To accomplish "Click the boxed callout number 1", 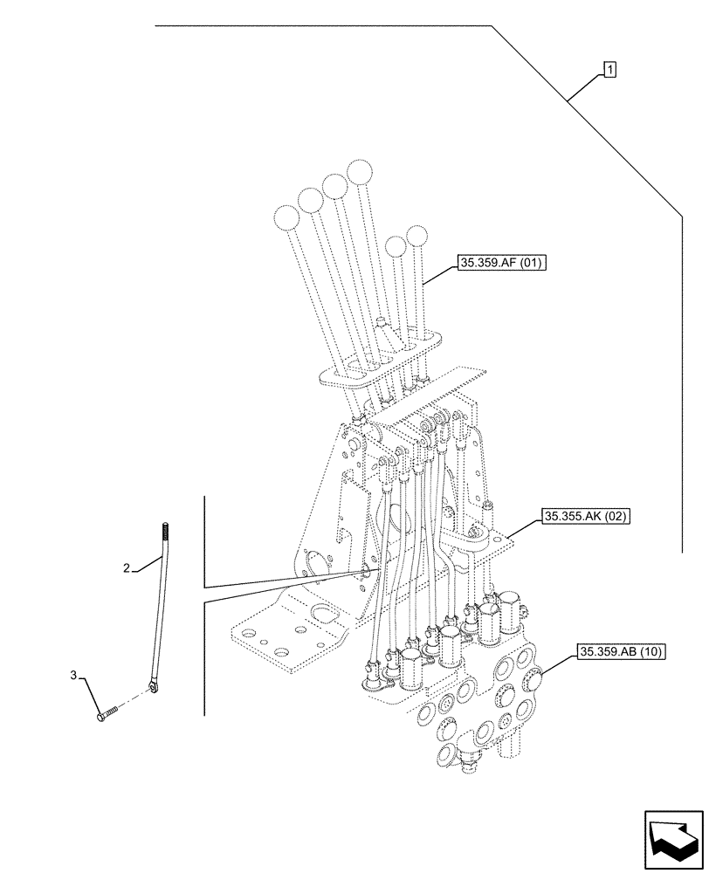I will (609, 68).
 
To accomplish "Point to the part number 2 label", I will (127, 568).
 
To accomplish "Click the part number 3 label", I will (75, 676).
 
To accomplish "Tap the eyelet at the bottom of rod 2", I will (154, 690).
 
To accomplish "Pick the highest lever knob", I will (359, 172).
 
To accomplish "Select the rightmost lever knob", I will (419, 237).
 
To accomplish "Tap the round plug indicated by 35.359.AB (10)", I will (532, 679).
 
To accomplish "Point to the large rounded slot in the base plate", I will (323, 613).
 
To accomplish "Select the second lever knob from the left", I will (310, 202).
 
